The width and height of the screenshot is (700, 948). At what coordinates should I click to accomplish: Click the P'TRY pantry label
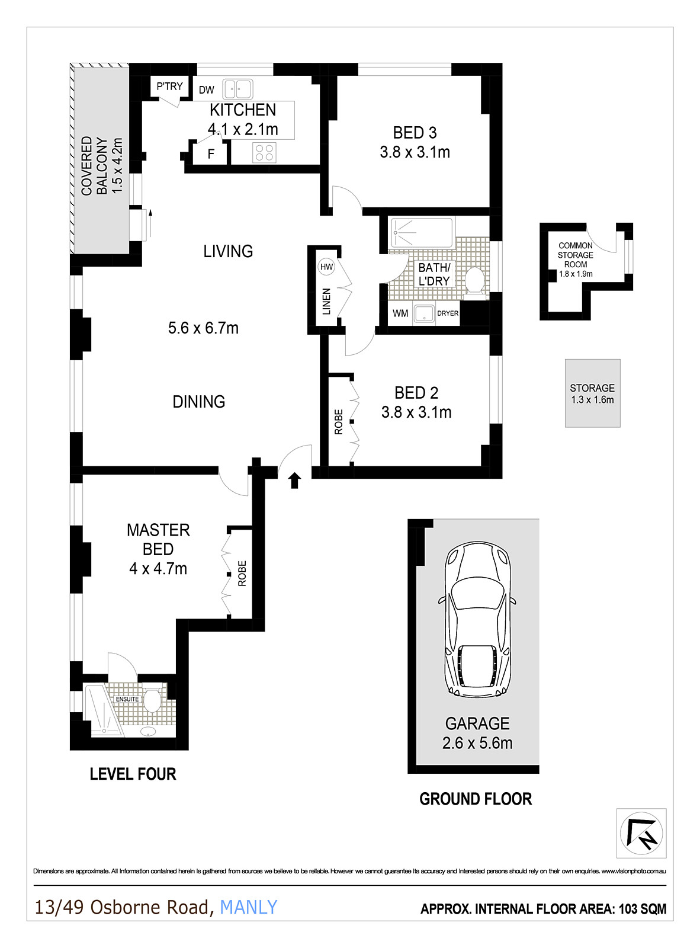169,87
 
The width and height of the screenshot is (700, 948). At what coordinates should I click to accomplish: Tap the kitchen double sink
237,89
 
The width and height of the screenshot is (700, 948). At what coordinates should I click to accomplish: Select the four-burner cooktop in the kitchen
264,152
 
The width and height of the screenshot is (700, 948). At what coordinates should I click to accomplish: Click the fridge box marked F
211,154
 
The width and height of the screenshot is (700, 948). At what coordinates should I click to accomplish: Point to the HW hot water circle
326,267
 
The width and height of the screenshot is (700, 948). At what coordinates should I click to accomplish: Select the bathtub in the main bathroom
422,233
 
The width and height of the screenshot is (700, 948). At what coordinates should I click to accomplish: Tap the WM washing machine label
400,313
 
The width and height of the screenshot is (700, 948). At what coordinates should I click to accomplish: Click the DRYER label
448,313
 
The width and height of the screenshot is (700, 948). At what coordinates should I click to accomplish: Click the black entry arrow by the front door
294,479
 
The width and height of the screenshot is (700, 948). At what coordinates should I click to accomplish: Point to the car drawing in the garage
477,619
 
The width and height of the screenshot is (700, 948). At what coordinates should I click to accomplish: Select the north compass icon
641,833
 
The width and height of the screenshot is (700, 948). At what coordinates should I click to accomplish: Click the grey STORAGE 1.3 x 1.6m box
592,393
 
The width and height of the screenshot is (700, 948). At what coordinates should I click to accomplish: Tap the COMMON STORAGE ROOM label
576,255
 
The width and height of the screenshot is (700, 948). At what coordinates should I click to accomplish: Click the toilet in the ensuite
153,700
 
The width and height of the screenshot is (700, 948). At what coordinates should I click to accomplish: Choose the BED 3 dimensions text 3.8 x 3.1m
415,152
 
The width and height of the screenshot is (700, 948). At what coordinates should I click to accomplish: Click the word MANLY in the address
248,907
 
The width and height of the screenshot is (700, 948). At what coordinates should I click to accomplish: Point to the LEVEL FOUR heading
133,774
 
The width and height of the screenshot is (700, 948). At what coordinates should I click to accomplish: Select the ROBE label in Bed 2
339,422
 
